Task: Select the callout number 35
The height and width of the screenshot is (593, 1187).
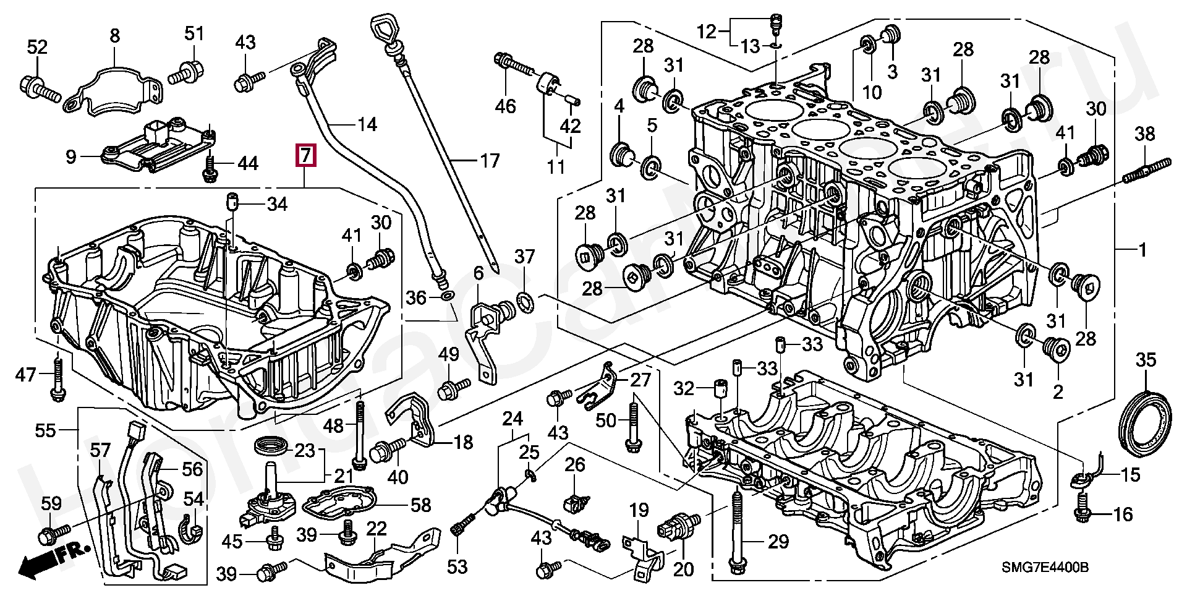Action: click(1146, 360)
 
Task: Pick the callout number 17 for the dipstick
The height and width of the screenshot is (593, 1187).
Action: click(489, 162)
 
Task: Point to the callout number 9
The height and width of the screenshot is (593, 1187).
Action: click(71, 157)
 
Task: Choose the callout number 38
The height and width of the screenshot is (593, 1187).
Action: click(1145, 134)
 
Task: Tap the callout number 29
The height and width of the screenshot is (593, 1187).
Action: click(778, 542)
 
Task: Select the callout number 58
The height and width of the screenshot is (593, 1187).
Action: click(421, 505)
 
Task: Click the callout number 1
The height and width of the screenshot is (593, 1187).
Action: click(1142, 251)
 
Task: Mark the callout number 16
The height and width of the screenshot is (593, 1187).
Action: click(1123, 514)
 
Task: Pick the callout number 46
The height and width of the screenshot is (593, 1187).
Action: click(505, 106)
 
